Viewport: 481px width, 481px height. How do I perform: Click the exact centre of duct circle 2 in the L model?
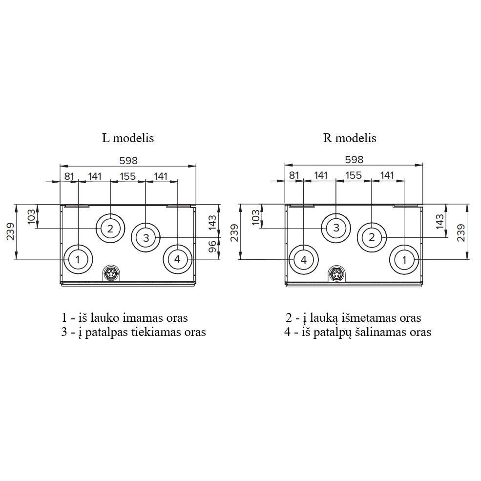tap(110, 229)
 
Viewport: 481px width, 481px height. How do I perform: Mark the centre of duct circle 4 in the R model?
tap(304, 260)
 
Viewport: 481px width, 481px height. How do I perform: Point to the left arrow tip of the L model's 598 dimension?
tap(60, 166)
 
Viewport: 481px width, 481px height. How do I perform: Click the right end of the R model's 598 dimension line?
tap(423, 165)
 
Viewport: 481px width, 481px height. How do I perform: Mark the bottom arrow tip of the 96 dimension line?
tap(219, 259)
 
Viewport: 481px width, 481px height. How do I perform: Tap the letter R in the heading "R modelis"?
tap(327, 138)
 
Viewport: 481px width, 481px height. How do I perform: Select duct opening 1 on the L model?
tap(78, 259)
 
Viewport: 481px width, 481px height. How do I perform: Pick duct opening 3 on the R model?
tap(336, 228)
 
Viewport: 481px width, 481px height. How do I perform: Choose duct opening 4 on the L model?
tap(177, 259)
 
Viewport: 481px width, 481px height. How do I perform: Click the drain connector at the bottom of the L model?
tap(110, 272)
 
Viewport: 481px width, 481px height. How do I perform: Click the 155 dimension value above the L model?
tap(127, 176)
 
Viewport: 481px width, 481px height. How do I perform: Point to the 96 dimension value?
tap(212, 247)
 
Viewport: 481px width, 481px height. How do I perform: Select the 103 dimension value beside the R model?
tap(255, 217)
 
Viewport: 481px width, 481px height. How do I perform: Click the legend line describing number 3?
tap(133, 332)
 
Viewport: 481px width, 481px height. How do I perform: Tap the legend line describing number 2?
tap(354, 318)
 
